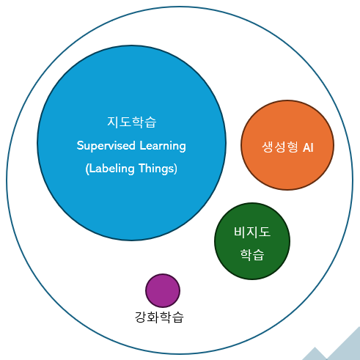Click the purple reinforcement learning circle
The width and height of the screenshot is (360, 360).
coord(163,290)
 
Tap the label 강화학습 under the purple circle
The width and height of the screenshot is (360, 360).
coord(159,317)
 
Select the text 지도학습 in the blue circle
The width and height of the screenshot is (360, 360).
coord(132,122)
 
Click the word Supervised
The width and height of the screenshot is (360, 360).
coord(106,146)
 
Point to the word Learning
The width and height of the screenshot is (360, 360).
coord(163,146)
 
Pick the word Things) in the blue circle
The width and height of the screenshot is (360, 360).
coord(158,169)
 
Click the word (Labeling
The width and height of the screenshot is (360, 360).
coord(110,169)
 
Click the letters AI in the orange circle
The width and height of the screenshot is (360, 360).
coord(308,147)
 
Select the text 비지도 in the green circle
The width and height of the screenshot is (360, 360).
coord(252,232)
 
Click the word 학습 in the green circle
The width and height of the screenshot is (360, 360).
coord(252,255)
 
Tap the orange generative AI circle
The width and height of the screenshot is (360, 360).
coord(287,145)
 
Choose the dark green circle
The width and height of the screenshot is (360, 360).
coord(252,241)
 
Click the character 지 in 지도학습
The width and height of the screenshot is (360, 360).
coord(113,122)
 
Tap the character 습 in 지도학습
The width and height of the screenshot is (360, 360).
coord(150,122)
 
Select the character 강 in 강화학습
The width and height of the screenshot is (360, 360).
coord(141,317)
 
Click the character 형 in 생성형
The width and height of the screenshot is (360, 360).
coord(293,147)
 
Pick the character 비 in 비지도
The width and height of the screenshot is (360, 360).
coord(240,232)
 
